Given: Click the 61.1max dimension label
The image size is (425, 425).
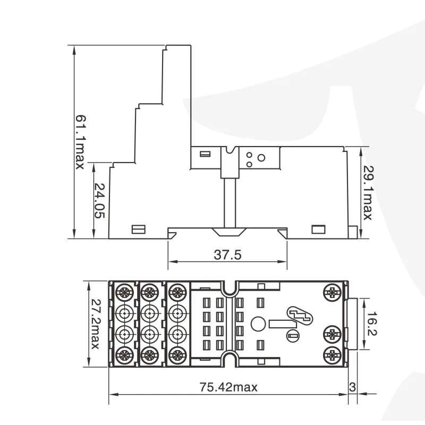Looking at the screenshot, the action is click(x=80, y=142).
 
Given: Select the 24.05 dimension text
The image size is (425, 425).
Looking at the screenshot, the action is click(x=99, y=201).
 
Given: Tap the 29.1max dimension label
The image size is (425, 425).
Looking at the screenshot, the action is click(x=368, y=193).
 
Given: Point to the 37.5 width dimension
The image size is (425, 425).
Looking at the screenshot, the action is click(x=227, y=255).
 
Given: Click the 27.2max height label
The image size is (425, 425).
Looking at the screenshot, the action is click(x=95, y=324).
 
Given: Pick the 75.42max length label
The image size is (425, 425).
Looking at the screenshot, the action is click(x=228, y=387).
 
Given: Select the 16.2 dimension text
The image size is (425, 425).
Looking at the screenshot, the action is click(x=371, y=324).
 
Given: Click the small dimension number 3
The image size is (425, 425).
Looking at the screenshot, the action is click(x=352, y=387).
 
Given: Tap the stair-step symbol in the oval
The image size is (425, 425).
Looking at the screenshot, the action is click(x=300, y=316).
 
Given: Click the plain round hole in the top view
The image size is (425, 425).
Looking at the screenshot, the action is click(x=258, y=324).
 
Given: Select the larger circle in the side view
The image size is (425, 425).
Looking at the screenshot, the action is click(x=261, y=158).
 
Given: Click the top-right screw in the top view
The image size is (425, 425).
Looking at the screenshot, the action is click(x=333, y=292).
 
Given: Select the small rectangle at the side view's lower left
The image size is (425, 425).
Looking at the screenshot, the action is click(x=138, y=229).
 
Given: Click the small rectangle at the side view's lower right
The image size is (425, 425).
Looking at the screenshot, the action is click(x=318, y=229).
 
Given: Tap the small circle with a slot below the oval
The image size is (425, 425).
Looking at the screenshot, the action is click(x=293, y=336).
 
